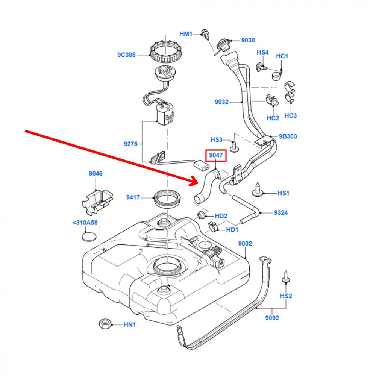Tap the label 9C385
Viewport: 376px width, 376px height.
click(x=126, y=55)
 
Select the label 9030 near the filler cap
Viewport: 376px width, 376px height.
click(x=248, y=40)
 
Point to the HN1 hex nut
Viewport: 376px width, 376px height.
click(x=104, y=324)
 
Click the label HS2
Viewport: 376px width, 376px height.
click(x=286, y=296)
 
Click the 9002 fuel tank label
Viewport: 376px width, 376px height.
click(x=245, y=244)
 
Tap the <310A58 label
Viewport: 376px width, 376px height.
click(x=85, y=223)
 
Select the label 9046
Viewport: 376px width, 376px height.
click(x=96, y=173)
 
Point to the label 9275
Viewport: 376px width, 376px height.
click(x=130, y=143)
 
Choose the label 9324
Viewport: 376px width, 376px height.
click(x=280, y=213)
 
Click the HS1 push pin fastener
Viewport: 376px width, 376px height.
click(x=258, y=190)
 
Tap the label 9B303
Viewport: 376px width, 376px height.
click(x=288, y=136)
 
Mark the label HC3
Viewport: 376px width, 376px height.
click(x=290, y=115)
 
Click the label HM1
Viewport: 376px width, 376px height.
click(x=186, y=34)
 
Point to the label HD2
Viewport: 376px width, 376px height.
click(x=221, y=216)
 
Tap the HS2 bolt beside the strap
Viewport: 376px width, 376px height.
click(x=285, y=277)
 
